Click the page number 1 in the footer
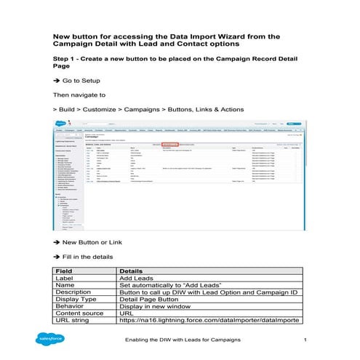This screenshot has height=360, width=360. pos(305,340)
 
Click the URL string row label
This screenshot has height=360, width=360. pos(76,320)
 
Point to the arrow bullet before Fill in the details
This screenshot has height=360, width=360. pos(57,255)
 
